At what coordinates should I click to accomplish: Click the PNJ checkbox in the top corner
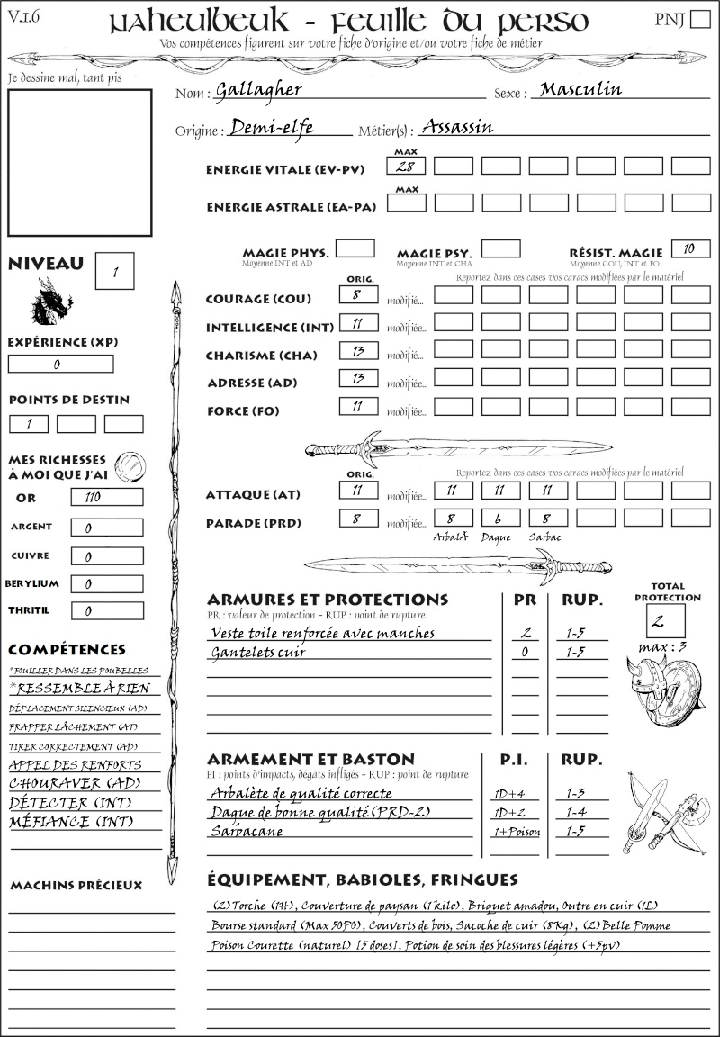(x=698, y=20)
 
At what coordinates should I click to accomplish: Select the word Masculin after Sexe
(x=577, y=89)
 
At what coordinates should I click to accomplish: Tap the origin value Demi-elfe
(x=272, y=128)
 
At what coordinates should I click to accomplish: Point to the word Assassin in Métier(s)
(x=457, y=127)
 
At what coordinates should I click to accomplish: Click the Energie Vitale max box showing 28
(x=407, y=167)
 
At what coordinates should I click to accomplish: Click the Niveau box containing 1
(x=114, y=270)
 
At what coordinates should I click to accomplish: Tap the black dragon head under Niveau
(x=51, y=302)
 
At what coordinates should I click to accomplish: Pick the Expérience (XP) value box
(x=60, y=365)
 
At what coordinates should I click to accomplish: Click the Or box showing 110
(x=106, y=498)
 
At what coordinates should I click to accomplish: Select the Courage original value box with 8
(x=358, y=295)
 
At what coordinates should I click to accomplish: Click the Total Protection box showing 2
(x=665, y=620)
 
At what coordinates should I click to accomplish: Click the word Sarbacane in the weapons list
(x=247, y=831)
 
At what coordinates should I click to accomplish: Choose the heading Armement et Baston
(x=310, y=759)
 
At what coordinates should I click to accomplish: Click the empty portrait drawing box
(x=79, y=162)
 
